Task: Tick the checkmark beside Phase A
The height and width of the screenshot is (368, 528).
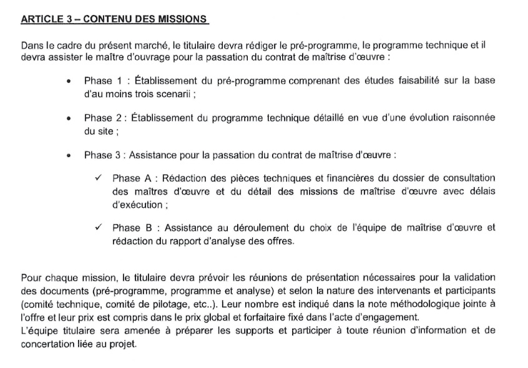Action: (x=99, y=178)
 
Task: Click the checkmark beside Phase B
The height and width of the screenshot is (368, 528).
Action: (x=99, y=228)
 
